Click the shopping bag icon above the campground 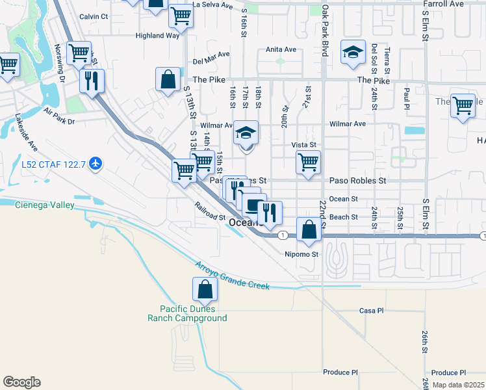[x=205, y=291]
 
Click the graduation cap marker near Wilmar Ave [x=246, y=134]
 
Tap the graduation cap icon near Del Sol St [x=352, y=54]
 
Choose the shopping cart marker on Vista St [x=308, y=162]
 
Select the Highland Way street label [x=157, y=36]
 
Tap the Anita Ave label [x=281, y=49]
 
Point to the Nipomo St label [x=301, y=254]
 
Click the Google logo [x=21, y=382]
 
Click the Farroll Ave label [x=443, y=3]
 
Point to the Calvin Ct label [x=94, y=16]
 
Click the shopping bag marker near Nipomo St [x=309, y=229]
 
